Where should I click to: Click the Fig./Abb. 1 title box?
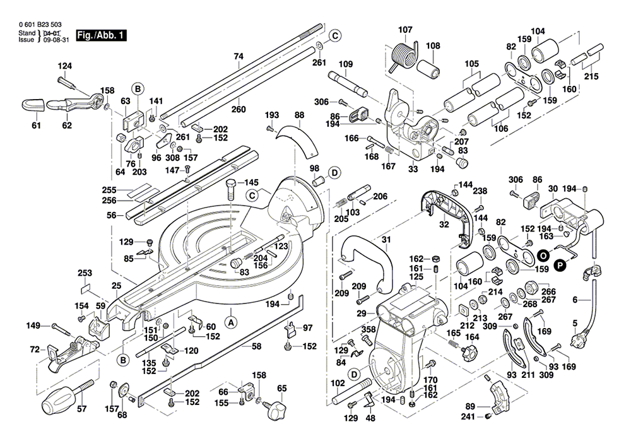101,35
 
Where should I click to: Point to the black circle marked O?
544,255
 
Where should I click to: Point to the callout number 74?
239,56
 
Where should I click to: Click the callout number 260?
239,109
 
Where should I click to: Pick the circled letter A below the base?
231,322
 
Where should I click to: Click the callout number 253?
85,273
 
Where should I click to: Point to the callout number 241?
468,417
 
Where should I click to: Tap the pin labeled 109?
348,84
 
